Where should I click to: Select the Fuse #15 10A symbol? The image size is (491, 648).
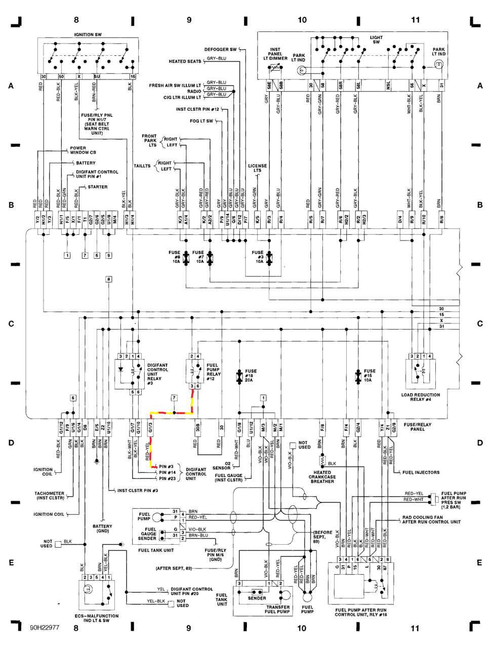click(358, 376)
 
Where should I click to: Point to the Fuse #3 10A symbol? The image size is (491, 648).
click(269, 258)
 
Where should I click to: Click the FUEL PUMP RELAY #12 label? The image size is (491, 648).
click(213, 372)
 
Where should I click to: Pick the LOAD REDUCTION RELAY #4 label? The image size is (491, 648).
click(421, 397)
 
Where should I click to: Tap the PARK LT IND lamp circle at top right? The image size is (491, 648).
click(439, 64)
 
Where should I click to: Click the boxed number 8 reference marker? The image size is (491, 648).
click(109, 279)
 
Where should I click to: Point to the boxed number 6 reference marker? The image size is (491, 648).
click(73, 398)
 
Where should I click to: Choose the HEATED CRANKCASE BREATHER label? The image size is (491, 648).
click(322, 477)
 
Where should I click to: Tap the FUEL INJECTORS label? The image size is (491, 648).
click(421, 472)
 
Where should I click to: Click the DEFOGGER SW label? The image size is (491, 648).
click(220, 50)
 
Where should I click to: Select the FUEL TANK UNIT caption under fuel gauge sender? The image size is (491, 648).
click(156, 550)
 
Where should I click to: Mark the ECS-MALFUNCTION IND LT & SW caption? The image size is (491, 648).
click(96, 618)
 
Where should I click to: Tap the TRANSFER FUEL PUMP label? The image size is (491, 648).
click(277, 610)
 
